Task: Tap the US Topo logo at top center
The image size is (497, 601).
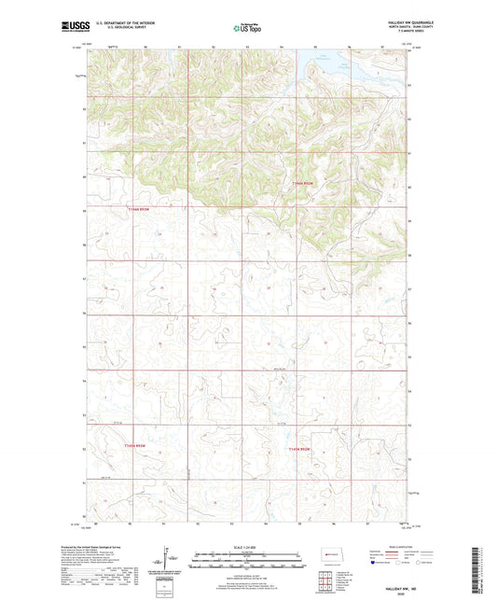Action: pyautogui.click(x=246, y=29)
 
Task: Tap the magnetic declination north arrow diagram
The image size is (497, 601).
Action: pyautogui.click(x=167, y=562)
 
